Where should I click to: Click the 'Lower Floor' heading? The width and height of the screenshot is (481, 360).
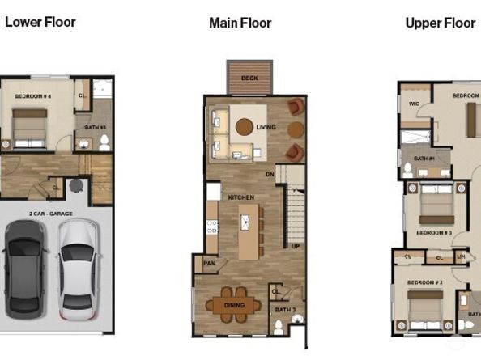pyautogui.click(x=40, y=22)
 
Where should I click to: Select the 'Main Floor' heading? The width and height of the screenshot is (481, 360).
pyautogui.click(x=240, y=23)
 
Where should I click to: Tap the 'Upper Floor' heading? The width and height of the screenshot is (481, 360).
pyautogui.click(x=440, y=23)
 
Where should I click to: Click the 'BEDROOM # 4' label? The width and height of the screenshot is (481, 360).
pyautogui.click(x=32, y=96)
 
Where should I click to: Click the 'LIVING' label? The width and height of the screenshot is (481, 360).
pyautogui.click(x=266, y=127)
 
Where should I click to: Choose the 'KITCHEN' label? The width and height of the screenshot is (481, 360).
pyautogui.click(x=240, y=197)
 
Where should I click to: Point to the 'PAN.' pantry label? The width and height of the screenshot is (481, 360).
pyautogui.click(x=209, y=263)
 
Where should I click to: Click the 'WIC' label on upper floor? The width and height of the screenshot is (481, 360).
pyautogui.click(x=413, y=104)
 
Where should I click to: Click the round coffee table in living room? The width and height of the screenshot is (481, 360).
pyautogui.click(x=244, y=126)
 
